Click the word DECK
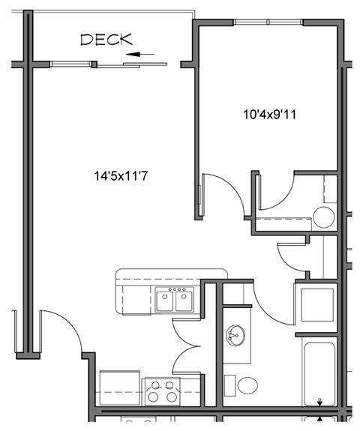(106, 40)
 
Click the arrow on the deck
(141, 54)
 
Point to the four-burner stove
(162, 391)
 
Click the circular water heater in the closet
(323, 218)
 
